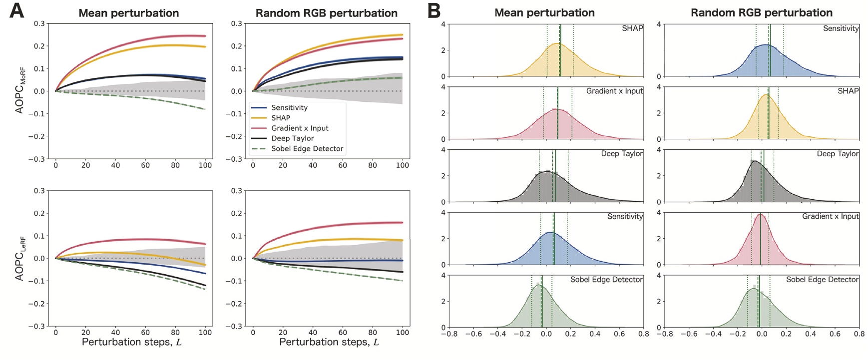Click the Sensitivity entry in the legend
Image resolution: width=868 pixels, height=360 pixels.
pyautogui.click(x=289, y=107)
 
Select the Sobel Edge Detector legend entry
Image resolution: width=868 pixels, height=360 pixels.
pyautogui.click(x=307, y=149)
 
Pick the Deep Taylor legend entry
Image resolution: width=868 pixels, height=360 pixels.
pyautogui.click(x=292, y=138)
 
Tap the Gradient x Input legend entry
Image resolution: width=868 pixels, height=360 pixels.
pyautogui.click(x=300, y=128)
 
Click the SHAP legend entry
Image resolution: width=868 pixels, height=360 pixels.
pyautogui.click(x=280, y=118)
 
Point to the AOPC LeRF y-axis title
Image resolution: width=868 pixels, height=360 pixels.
pyautogui.click(x=20, y=258)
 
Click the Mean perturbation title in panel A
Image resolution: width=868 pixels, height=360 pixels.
pyautogui.click(x=128, y=13)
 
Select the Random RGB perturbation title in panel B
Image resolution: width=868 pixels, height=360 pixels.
pyautogui.click(x=761, y=13)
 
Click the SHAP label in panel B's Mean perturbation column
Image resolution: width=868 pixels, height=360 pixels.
pyautogui.click(x=632, y=28)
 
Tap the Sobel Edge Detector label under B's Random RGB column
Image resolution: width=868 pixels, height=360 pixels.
pyautogui.click(x=822, y=280)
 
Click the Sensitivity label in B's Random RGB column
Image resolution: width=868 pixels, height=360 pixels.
pyautogui.click(x=841, y=28)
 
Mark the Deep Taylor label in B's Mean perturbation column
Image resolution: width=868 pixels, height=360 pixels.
pyautogui.click(x=622, y=154)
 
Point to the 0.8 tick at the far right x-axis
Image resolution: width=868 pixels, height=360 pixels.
pyautogui.click(x=859, y=334)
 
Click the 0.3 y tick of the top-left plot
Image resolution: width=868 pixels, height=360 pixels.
pyautogui.click(x=39, y=23)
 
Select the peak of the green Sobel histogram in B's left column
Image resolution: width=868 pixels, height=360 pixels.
pyautogui.click(x=537, y=285)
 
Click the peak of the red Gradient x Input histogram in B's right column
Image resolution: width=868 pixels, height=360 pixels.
pyautogui.click(x=760, y=214)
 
